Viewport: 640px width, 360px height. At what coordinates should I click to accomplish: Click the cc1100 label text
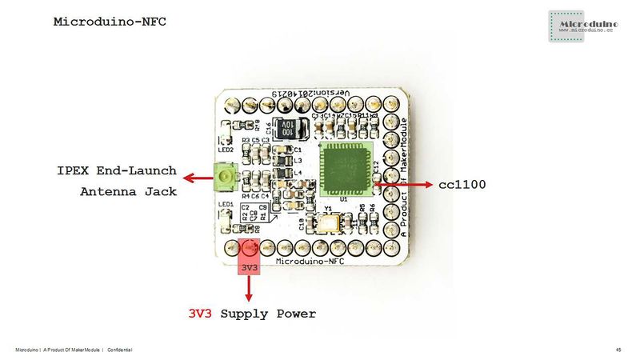[x=463, y=185]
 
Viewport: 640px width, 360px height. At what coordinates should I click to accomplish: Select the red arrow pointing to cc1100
[x=403, y=184]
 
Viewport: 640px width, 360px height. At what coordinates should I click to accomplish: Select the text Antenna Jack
[x=129, y=192]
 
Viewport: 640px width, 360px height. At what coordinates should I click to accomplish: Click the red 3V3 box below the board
[x=249, y=267]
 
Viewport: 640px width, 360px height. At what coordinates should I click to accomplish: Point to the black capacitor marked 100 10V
[x=285, y=130]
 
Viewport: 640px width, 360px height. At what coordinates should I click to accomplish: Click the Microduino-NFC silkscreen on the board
[x=310, y=261]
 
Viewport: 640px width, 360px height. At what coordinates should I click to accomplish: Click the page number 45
[x=618, y=350]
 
